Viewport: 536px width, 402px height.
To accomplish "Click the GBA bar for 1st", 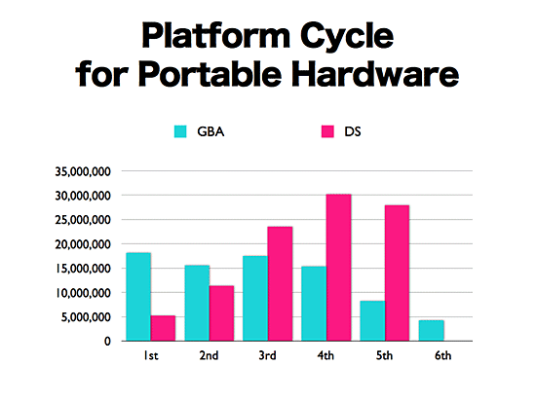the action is coord(138,297).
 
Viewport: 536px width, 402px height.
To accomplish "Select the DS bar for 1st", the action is coord(163,328).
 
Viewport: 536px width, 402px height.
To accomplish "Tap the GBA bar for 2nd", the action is coord(197,303).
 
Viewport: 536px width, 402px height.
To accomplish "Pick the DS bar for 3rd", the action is coord(280,284).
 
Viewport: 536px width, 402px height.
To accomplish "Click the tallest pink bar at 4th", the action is coord(338,268).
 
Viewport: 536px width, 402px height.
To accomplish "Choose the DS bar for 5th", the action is coord(397,274).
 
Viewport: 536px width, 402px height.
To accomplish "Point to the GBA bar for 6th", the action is coord(432,331).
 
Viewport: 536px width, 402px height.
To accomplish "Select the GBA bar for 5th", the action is coord(372,321).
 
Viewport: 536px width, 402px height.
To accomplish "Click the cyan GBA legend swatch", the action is coord(180,131).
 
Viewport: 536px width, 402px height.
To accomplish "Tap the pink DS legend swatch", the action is coord(327,131).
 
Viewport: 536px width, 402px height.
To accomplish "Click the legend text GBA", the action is coord(211,131).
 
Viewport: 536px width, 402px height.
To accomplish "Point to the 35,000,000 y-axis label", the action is coord(83,171).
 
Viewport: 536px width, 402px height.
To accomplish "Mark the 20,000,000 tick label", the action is coord(83,244).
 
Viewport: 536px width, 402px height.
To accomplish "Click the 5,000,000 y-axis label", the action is coord(86,317).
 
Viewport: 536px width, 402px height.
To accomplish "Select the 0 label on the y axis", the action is coord(107,342).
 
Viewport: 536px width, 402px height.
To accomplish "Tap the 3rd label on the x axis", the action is coord(267,356).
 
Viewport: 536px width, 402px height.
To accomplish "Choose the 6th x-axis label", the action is coord(443,356).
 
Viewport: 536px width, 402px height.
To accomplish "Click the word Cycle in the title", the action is coord(347,36).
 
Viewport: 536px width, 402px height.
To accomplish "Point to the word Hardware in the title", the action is coord(375,73).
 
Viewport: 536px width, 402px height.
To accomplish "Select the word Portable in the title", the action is coord(210,73).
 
